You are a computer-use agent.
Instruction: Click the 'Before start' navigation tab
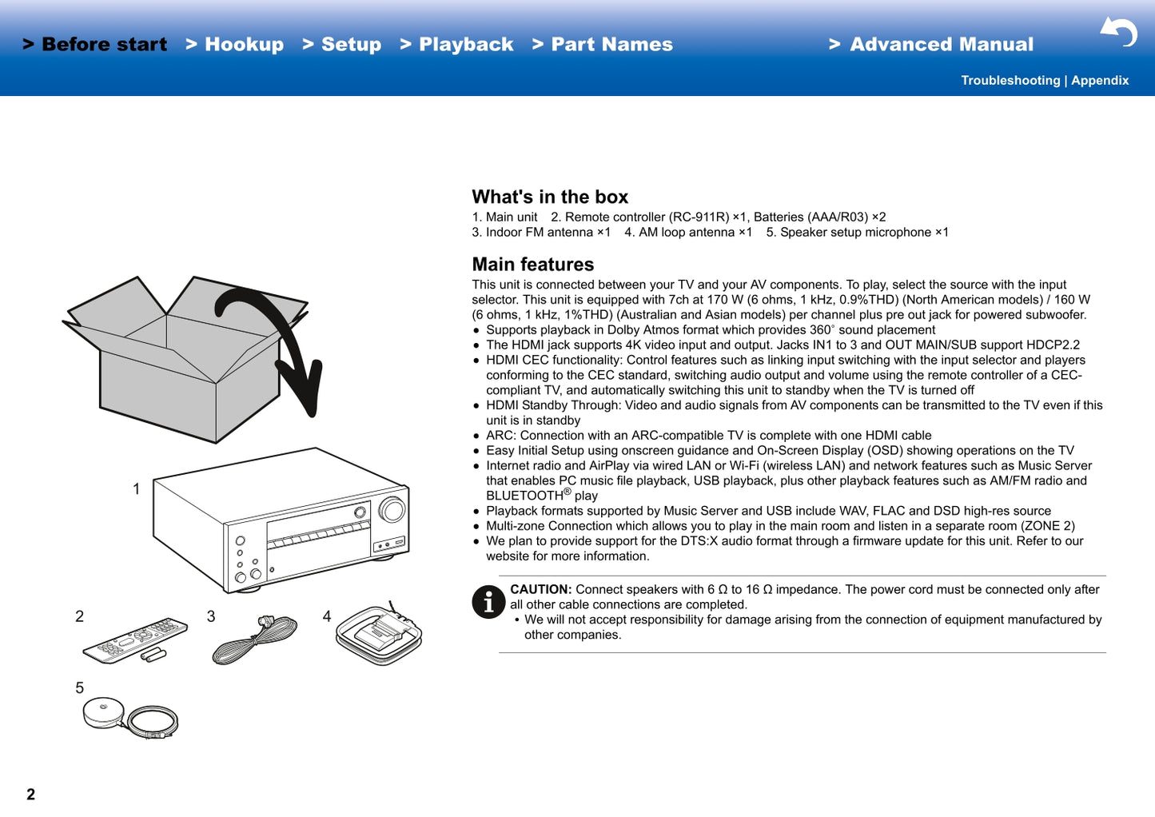[x=95, y=45]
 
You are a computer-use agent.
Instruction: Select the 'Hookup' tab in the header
[x=235, y=45]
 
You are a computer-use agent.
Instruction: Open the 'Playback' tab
[x=457, y=45]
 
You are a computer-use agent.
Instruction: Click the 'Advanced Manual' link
[x=932, y=45]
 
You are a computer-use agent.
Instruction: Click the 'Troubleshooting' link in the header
[x=1010, y=81]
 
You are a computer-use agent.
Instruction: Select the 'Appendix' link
[x=1100, y=81]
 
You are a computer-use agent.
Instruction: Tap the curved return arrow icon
[x=1119, y=32]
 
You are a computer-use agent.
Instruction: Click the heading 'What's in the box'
[x=550, y=197]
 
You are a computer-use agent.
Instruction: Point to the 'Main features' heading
[x=532, y=265]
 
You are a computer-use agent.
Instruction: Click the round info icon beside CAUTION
[x=488, y=602]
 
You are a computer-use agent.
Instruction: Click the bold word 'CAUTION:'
[x=541, y=590]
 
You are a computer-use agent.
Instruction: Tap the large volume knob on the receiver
[x=392, y=509]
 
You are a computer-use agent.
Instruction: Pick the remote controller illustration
[x=135, y=640]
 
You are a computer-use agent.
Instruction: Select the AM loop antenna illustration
[x=378, y=635]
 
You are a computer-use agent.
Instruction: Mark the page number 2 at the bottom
[x=30, y=794]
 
